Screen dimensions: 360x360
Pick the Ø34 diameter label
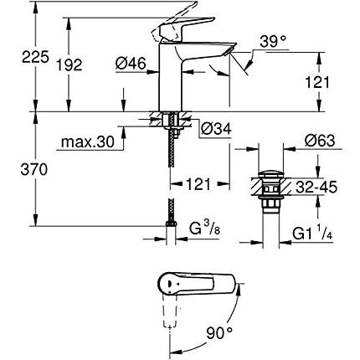point(216,128)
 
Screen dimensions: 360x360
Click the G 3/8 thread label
point(205,227)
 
